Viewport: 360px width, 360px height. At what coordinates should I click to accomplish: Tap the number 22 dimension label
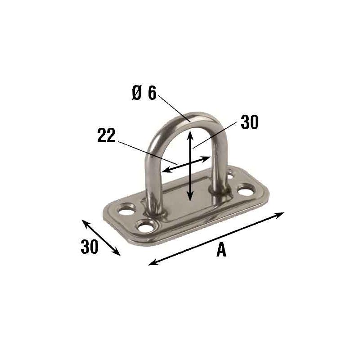point(106,135)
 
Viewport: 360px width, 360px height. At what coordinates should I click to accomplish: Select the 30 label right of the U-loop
point(250,122)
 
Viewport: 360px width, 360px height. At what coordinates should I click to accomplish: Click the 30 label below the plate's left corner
point(90,246)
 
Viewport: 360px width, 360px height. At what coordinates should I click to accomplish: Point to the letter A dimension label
point(221,250)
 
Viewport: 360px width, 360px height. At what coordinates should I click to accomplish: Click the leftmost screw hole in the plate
point(126,210)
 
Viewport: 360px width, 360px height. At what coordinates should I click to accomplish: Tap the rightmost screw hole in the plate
point(246,190)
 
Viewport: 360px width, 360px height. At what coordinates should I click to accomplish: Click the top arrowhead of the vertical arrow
point(189,134)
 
